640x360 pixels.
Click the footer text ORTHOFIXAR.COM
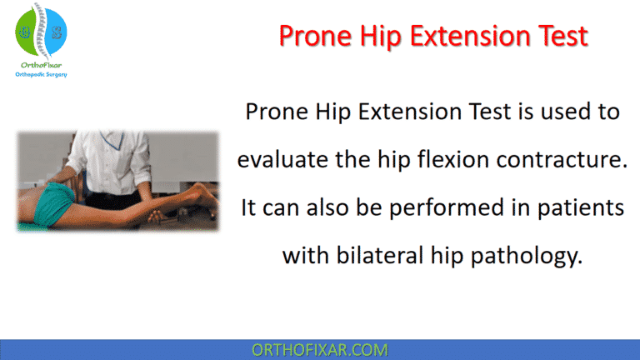point(320,348)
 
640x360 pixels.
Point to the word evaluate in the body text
point(283,159)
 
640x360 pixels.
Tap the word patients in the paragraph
point(581,207)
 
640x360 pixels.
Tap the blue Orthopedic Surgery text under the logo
point(41,74)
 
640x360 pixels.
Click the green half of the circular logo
point(26,32)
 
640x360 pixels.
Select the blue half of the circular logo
point(56,32)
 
